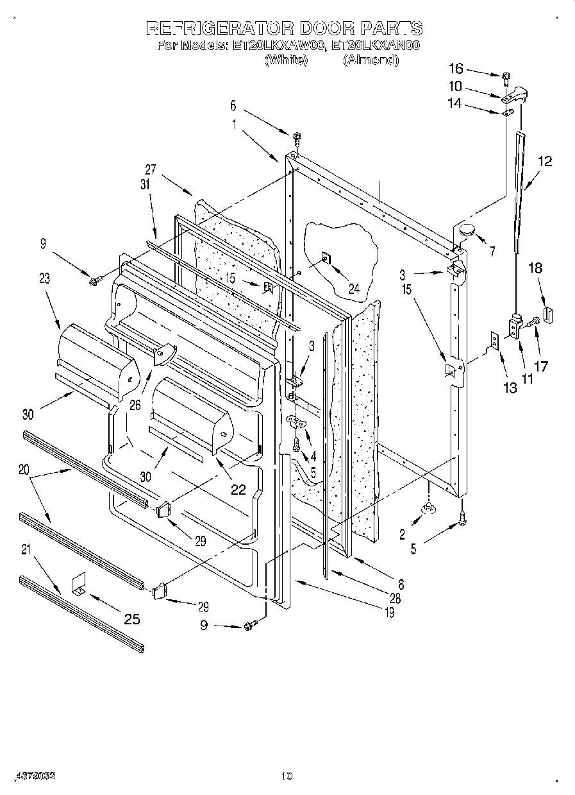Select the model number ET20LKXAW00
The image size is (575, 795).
point(277,46)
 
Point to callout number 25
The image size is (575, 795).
point(131,619)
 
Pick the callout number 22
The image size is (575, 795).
point(238,489)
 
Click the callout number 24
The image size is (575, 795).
point(353,289)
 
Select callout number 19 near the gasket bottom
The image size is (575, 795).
point(388,613)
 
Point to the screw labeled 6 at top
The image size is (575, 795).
point(297,137)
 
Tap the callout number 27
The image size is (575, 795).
point(150,169)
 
